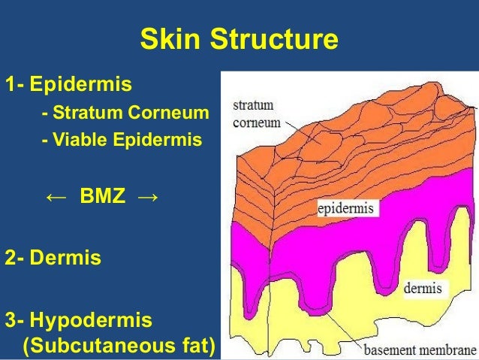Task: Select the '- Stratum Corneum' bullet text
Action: tap(125, 114)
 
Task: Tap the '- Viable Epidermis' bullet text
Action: tap(122, 139)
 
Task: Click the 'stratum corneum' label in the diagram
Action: tap(256, 113)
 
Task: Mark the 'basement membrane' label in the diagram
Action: tap(420, 350)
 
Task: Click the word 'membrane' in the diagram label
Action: tap(448, 350)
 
